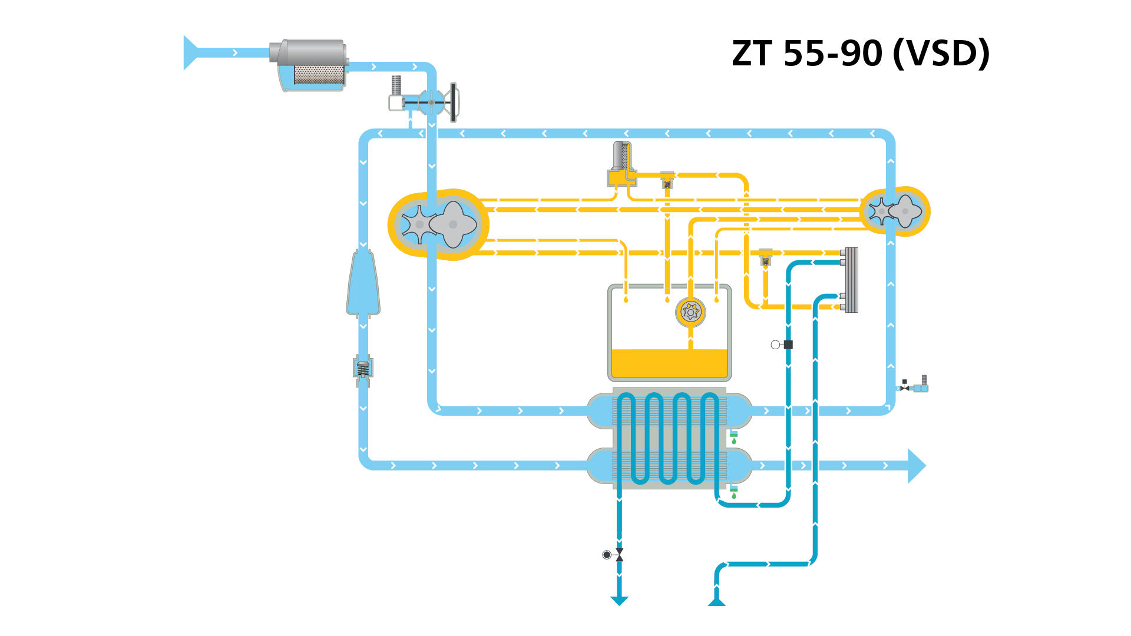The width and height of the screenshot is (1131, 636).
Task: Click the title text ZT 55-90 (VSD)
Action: pyautogui.click(x=861, y=54)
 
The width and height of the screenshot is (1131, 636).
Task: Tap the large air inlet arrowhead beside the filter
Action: pyautogui.click(x=190, y=53)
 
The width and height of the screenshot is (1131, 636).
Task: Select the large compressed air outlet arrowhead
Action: pyautogui.click(x=917, y=466)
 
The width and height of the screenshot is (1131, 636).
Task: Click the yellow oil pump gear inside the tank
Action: pyautogui.click(x=690, y=312)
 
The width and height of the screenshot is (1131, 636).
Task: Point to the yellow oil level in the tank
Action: pyautogui.click(x=670, y=363)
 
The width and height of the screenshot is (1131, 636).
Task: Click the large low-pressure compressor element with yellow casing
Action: pyautogui.click(x=438, y=224)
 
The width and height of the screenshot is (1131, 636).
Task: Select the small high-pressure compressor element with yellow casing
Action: pyautogui.click(x=895, y=211)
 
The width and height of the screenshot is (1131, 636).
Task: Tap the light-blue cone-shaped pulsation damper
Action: pyautogui.click(x=363, y=284)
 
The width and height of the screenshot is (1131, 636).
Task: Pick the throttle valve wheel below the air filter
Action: pyautogui.click(x=453, y=102)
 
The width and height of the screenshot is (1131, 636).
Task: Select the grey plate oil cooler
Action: pyautogui.click(x=851, y=280)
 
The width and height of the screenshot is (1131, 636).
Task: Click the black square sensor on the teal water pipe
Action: pyautogui.click(x=788, y=344)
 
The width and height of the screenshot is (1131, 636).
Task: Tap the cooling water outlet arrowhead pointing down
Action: pyautogui.click(x=619, y=601)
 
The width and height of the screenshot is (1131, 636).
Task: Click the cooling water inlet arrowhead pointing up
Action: pyautogui.click(x=716, y=601)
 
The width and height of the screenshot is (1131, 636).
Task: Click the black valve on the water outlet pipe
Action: pyautogui.click(x=619, y=555)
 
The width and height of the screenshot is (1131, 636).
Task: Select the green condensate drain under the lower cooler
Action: pyautogui.click(x=734, y=492)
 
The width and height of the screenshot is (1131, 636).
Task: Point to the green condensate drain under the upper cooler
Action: pyautogui.click(x=734, y=437)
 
